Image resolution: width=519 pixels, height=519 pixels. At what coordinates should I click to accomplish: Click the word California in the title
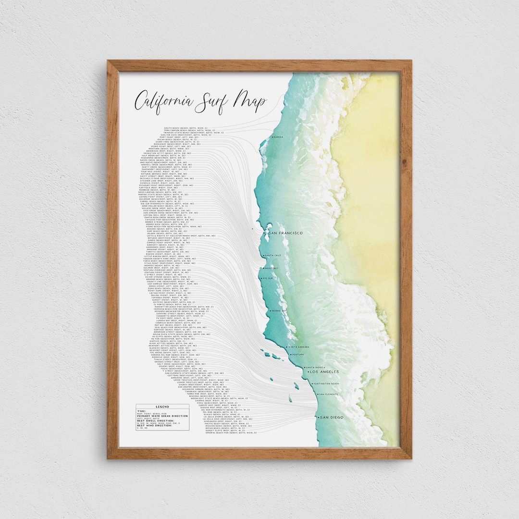[x=163, y=102]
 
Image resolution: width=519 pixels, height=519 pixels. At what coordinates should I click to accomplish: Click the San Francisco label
[x=285, y=233]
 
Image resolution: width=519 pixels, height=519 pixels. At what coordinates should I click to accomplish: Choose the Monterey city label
[x=271, y=268]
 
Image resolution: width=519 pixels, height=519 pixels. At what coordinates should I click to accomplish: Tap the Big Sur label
[x=268, y=278]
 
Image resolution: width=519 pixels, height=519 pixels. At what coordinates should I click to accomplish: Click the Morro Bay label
[x=279, y=311]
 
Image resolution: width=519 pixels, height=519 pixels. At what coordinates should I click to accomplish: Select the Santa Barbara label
[x=298, y=346]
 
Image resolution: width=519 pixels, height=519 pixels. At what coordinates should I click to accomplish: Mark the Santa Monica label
[x=316, y=367]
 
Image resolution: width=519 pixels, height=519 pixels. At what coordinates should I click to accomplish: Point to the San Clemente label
[x=329, y=394]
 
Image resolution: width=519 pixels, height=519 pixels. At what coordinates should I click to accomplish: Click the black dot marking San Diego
[x=317, y=417]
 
